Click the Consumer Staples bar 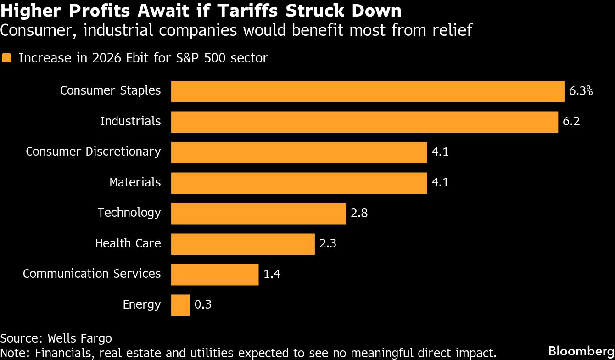pos(367,91)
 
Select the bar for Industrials pos(364,122)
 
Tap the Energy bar pos(180,305)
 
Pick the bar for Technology pos(258,214)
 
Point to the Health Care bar pos(243,244)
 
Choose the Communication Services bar pos(215,275)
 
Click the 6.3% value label pos(581,91)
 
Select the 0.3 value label pos(203,304)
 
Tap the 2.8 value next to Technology pos(359,213)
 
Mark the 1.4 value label pos(272,274)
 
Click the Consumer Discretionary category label pos(93,152)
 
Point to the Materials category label pos(135,182)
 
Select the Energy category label pos(142,304)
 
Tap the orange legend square pos(6,58)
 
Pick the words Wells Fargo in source pos(79,338)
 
